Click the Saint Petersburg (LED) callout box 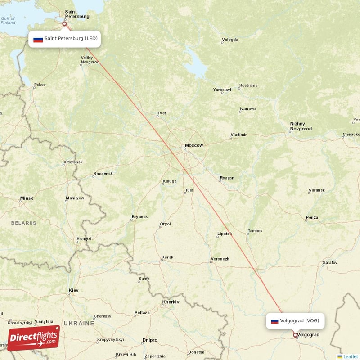tap(64, 39)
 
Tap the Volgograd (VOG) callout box tap(295, 321)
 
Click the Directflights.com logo tap(34, 338)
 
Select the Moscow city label tap(194, 145)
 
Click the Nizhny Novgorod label tap(301, 126)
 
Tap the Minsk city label tap(27, 198)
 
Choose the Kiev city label tap(73, 290)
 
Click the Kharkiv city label tap(171, 301)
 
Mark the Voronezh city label tap(220, 259)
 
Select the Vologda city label tap(230, 40)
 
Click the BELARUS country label tap(23, 223)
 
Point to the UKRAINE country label tap(78, 323)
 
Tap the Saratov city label tap(330, 262)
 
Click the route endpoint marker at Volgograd tap(295, 335)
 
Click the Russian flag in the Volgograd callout tap(274, 321)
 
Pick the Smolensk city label tap(103, 174)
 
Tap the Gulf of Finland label tap(8, 20)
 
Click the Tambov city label tap(255, 231)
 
